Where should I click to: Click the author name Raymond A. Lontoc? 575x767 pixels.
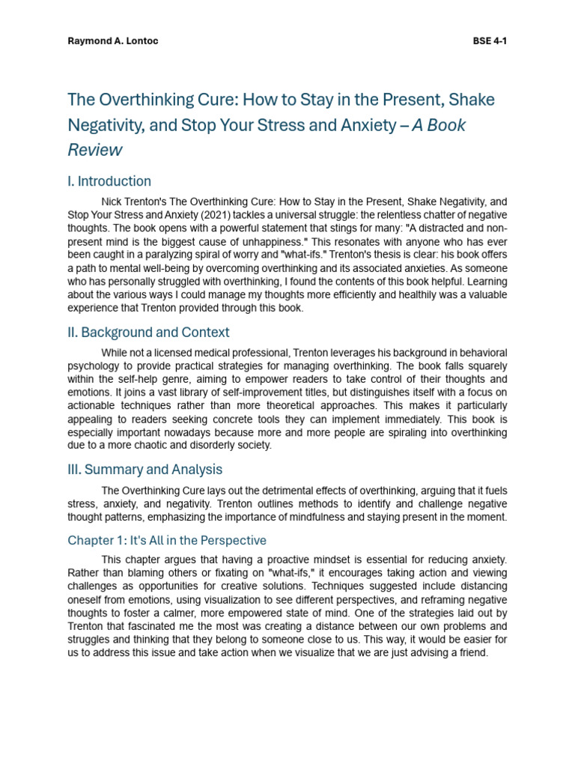pos(113,40)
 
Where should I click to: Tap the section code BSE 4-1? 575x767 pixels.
pos(490,40)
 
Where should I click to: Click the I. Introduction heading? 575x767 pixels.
pos(109,181)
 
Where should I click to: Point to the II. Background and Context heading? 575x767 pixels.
pos(149,332)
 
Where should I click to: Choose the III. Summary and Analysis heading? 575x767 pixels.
pos(145,470)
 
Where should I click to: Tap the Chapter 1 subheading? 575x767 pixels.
pos(167,540)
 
